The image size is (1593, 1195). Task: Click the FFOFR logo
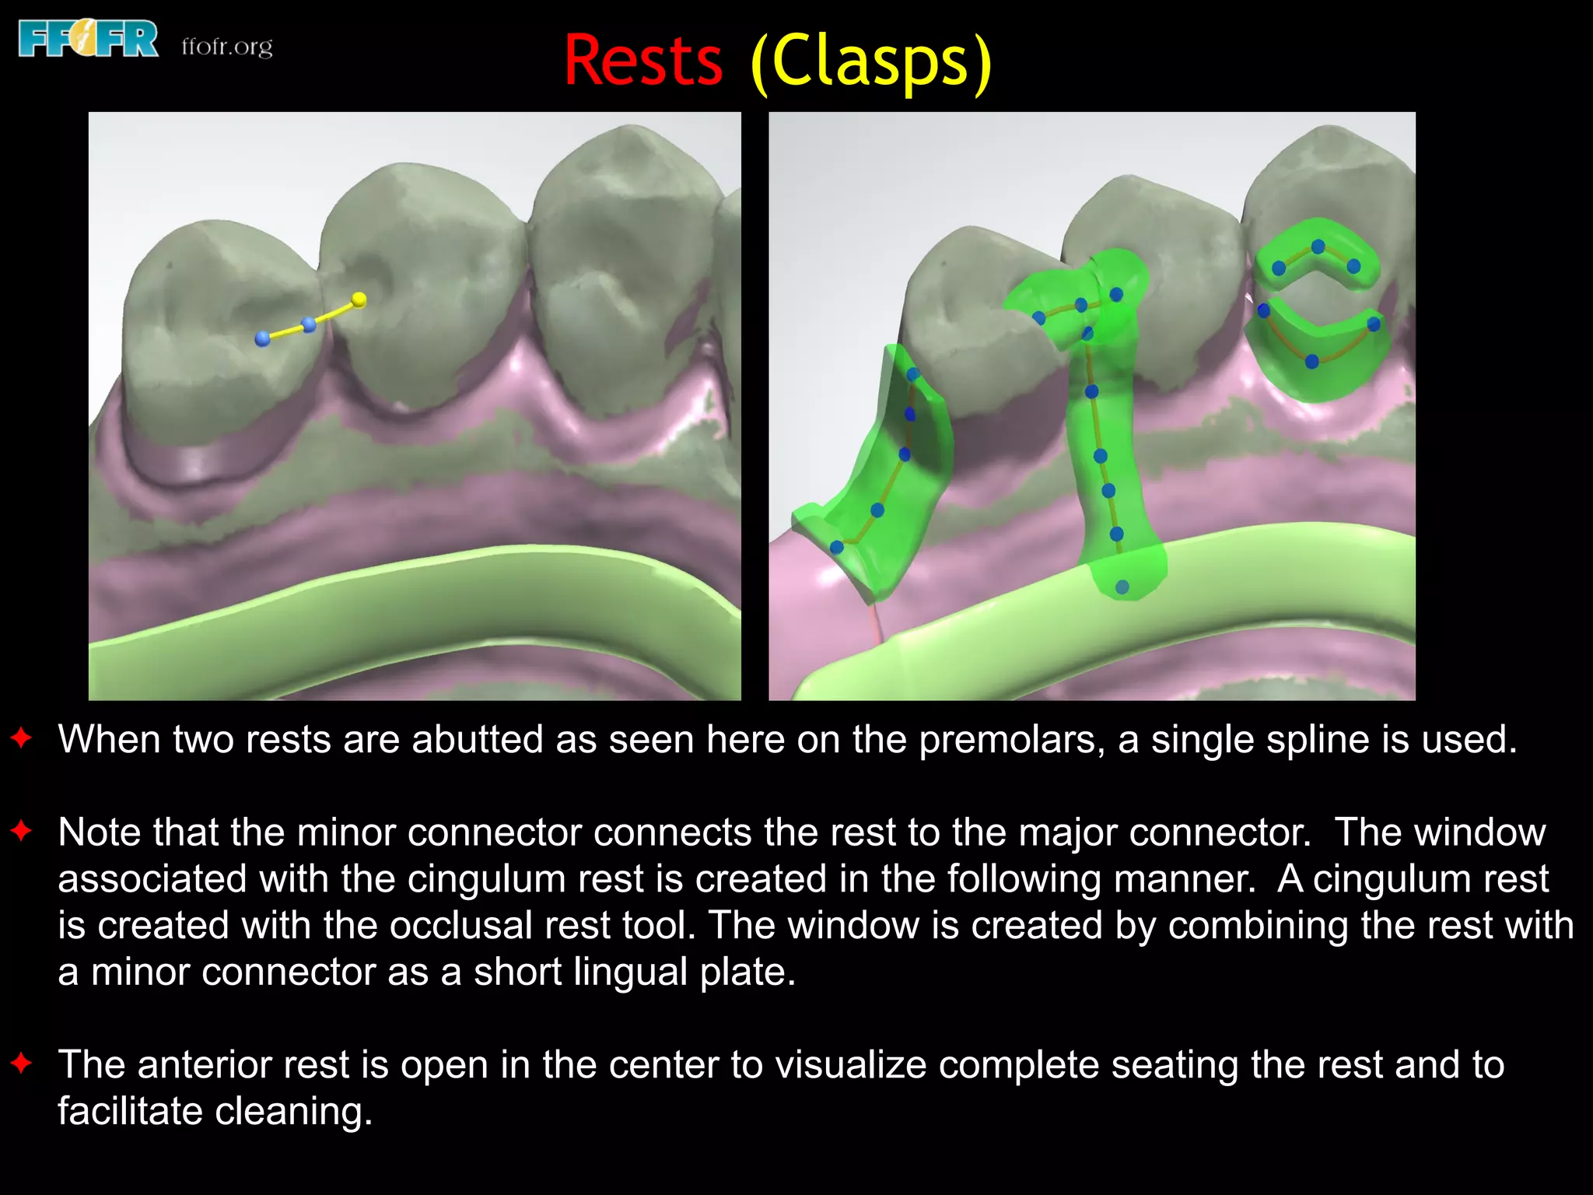click(88, 40)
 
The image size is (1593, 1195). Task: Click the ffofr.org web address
click(226, 47)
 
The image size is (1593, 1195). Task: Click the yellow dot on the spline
click(359, 300)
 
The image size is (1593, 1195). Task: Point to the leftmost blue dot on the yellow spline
click(263, 338)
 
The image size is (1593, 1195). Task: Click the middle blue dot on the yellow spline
click(309, 324)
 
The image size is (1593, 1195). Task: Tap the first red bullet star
click(22, 738)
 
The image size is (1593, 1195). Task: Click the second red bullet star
click(22, 831)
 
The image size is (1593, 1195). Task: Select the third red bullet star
click(22, 1063)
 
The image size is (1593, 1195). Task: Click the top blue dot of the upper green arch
click(1318, 247)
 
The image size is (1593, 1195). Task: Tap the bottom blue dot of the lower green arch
click(1312, 361)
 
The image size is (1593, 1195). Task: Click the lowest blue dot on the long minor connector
click(1122, 587)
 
